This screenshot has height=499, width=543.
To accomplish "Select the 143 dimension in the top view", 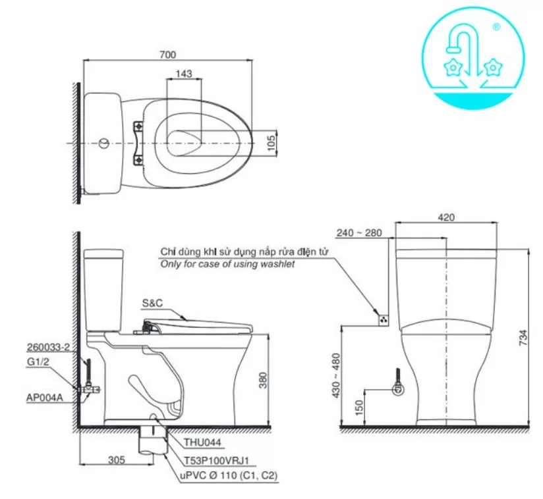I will (185, 74).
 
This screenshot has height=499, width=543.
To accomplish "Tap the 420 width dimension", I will (445, 218).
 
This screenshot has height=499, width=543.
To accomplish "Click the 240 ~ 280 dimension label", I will (358, 233).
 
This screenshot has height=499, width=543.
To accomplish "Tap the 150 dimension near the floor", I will (358, 408).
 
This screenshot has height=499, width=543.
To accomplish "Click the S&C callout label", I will (152, 303).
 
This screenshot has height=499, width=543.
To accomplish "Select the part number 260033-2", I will (47, 347).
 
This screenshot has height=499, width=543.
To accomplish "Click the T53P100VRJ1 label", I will (208, 461).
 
